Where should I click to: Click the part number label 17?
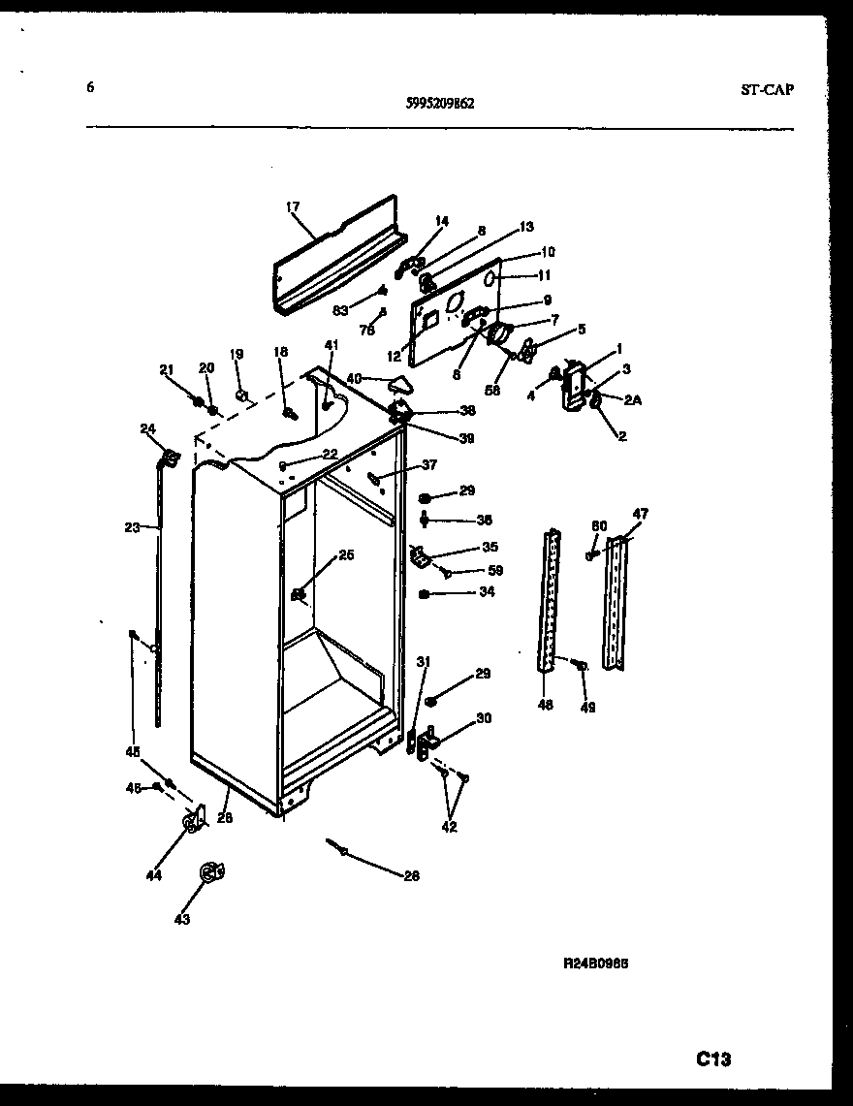[x=293, y=206]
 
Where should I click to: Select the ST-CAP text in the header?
[x=767, y=89]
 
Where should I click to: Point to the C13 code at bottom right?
[x=712, y=1059]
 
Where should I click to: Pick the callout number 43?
[x=181, y=919]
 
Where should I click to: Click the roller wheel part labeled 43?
[x=210, y=873]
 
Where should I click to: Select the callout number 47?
[x=641, y=513]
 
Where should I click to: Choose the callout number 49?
[x=587, y=707]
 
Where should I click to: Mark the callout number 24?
[x=147, y=429]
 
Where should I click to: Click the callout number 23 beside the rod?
[x=133, y=527]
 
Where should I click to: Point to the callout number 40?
[x=354, y=378]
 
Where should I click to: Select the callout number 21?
[x=166, y=368]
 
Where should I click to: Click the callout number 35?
[x=462, y=547]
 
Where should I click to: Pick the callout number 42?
[x=449, y=827]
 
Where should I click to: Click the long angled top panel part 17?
[x=334, y=254]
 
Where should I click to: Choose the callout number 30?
[x=483, y=717]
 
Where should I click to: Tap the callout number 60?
[x=599, y=525]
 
